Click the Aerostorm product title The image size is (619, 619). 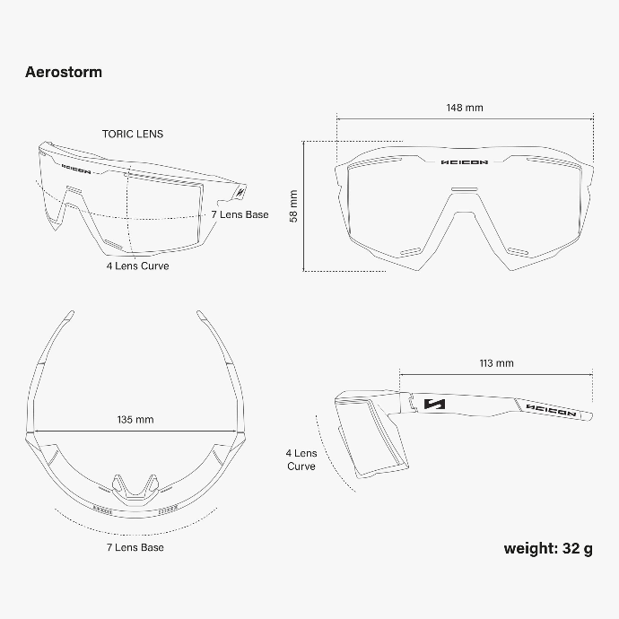[x=64, y=72]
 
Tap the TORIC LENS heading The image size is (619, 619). [x=133, y=135]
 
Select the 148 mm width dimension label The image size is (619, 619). [x=465, y=108]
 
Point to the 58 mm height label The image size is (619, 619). [x=293, y=206]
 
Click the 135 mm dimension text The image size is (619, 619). [x=135, y=419]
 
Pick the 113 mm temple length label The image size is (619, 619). [x=497, y=363]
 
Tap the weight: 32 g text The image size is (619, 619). [x=548, y=548]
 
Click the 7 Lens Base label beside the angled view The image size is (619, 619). [x=240, y=214]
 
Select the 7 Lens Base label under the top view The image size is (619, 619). [x=135, y=547]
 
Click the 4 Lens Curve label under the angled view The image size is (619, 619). [x=137, y=266]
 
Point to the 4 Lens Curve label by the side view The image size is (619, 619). [x=301, y=459]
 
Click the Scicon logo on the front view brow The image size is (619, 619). [x=465, y=161]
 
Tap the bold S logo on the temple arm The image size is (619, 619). [x=434, y=404]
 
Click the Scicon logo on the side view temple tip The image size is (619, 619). [x=551, y=410]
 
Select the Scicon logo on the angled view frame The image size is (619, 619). [x=76, y=169]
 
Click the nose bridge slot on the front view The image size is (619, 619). [x=465, y=190]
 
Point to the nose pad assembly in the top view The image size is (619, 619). [x=135, y=490]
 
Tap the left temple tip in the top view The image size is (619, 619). [x=69, y=316]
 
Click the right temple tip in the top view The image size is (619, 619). [x=202, y=316]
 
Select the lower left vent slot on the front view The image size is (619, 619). [x=411, y=251]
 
